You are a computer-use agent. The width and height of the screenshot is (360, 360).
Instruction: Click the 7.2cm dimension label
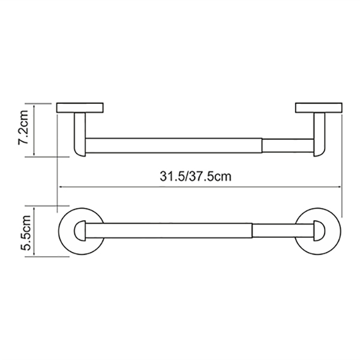[x=23, y=127]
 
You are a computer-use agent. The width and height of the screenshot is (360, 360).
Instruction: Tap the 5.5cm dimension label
[x=25, y=233]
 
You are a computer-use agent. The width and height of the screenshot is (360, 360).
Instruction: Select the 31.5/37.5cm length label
[x=196, y=176]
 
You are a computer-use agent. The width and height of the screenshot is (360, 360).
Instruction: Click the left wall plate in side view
[x=80, y=107]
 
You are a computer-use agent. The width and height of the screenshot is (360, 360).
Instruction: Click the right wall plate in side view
[x=319, y=107]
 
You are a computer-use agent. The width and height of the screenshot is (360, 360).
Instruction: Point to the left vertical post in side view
[x=80, y=134]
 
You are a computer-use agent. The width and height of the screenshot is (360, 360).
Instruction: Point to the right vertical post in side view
[x=319, y=134]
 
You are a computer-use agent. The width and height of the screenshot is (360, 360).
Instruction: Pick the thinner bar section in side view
[x=288, y=146]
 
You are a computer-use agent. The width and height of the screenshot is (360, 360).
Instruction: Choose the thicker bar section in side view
[x=174, y=146]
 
